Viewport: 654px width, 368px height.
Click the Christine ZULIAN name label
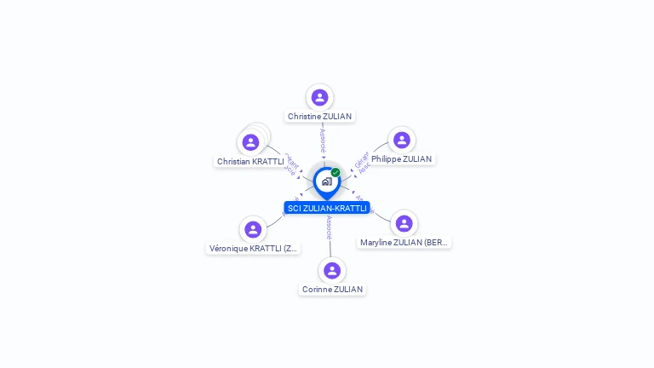(x=319, y=116)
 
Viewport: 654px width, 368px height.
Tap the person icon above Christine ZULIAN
(x=319, y=97)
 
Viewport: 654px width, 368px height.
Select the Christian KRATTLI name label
(x=250, y=161)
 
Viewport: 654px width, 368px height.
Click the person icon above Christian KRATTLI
(x=250, y=142)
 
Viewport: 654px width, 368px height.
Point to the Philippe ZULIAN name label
(x=401, y=158)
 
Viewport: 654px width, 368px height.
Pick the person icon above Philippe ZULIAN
(x=402, y=140)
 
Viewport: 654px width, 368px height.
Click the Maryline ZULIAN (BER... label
(x=404, y=243)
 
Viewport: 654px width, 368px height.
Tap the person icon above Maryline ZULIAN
(x=404, y=223)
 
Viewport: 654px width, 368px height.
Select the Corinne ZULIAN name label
(x=332, y=289)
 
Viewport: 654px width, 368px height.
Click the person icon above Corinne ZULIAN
(x=332, y=270)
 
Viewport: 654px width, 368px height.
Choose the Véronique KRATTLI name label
(x=254, y=249)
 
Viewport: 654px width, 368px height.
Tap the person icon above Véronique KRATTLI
(x=253, y=229)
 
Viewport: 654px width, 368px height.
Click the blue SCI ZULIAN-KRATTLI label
(x=327, y=208)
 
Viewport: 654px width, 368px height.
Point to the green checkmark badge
(x=336, y=172)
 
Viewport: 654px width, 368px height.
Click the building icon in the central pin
(x=326, y=181)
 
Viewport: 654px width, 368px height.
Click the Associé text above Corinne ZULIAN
(x=330, y=226)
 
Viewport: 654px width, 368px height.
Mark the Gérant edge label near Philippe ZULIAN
(x=361, y=158)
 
